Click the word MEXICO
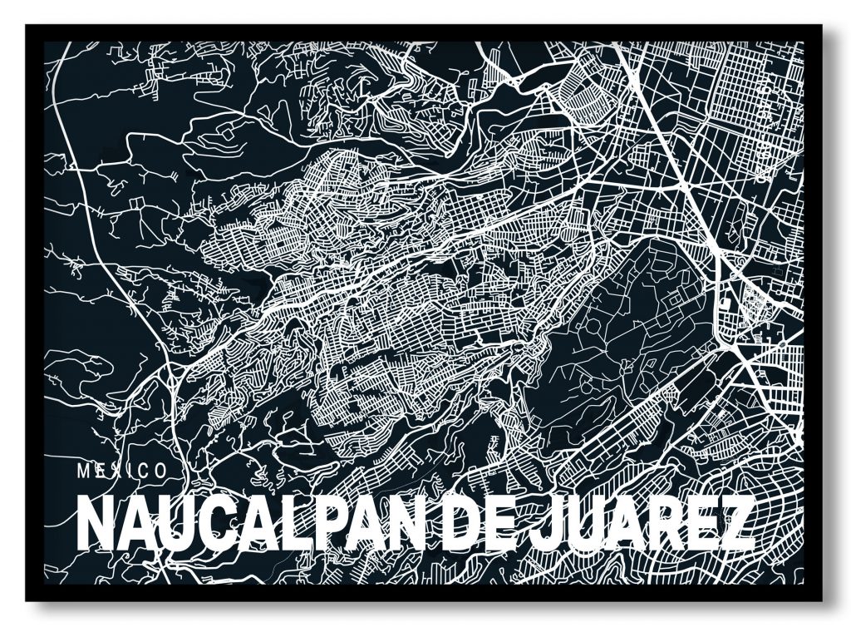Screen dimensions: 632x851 pos(121,470)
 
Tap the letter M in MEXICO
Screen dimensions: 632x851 pos(83,470)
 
